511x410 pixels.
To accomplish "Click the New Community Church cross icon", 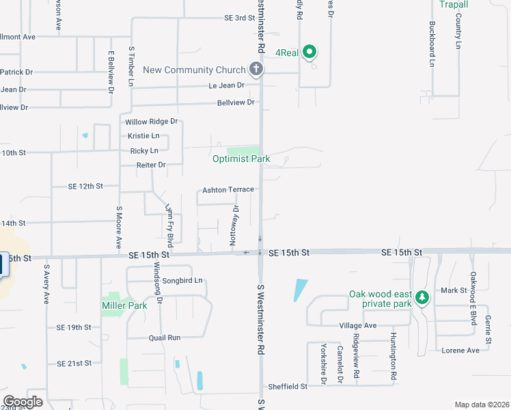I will [x=255, y=68].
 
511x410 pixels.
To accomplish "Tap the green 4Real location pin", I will [x=309, y=51].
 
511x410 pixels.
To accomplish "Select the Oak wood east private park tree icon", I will [x=422, y=297].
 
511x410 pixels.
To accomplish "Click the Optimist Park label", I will [x=241, y=159].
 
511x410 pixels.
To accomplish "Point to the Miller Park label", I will [x=124, y=305].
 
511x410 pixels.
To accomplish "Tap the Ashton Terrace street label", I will [x=228, y=189].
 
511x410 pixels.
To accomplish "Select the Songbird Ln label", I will [x=182, y=280].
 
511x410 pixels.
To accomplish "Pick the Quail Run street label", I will [x=165, y=338].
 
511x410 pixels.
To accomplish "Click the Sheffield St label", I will [x=288, y=386].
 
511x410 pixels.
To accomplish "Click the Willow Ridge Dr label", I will [x=151, y=121].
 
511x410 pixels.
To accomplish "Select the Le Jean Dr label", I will [x=226, y=85].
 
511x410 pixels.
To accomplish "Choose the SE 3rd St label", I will [x=239, y=18].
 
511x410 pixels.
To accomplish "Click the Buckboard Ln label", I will [x=432, y=44].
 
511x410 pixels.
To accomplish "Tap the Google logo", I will [x=23, y=401].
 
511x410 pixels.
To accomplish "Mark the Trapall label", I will [x=454, y=5].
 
